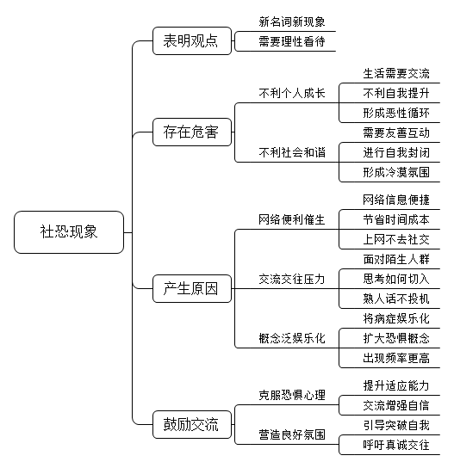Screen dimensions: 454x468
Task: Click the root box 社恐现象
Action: click(69, 232)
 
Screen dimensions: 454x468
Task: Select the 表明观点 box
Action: click(192, 41)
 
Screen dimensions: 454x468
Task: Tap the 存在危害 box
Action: click(192, 132)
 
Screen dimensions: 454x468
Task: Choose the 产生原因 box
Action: click(192, 288)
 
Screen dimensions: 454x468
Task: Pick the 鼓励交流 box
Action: click(192, 424)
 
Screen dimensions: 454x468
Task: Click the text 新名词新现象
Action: click(292, 22)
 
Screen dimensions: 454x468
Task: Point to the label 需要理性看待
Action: click(292, 41)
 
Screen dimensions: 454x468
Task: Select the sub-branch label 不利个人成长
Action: click(292, 93)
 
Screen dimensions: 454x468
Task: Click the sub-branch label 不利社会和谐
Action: click(292, 152)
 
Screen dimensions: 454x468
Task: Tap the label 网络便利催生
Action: click(292, 219)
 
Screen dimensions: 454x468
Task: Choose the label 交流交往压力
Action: click(292, 279)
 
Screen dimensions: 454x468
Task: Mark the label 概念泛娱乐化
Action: click(292, 338)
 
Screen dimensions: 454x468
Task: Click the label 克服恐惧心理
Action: click(292, 395)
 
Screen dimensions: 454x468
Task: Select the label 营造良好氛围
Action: click(292, 434)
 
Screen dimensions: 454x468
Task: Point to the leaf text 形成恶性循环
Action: click(396, 113)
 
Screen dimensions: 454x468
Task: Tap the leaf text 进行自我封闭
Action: click(396, 152)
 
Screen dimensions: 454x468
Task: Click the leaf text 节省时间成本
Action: click(396, 219)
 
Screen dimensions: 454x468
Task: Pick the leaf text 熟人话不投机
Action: click(396, 299)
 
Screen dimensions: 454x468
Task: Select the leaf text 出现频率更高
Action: click(396, 358)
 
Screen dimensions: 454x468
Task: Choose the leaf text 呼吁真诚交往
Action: click(396, 445)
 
